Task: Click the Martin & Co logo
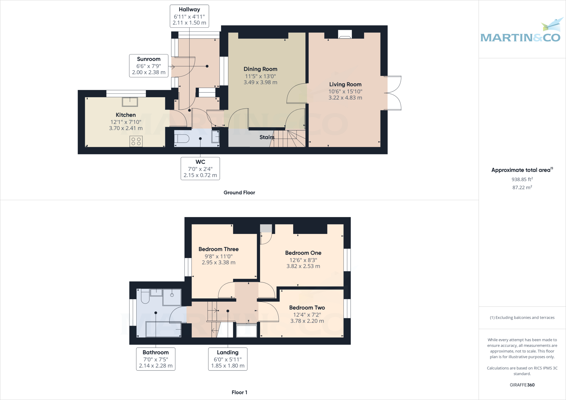click(521, 33)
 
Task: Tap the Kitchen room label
click(126, 115)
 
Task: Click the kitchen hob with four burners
click(136, 141)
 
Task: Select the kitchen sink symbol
click(130, 102)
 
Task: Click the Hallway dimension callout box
click(189, 16)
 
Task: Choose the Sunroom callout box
click(149, 65)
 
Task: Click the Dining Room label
click(260, 69)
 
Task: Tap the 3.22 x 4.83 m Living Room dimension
click(345, 98)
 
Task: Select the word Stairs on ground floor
click(267, 137)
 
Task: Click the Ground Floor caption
click(239, 193)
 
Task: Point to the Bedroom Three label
click(219, 249)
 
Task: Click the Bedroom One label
click(303, 253)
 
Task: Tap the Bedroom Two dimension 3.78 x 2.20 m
click(307, 321)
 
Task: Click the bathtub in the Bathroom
click(163, 329)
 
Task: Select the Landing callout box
click(228, 359)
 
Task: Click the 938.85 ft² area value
click(522, 179)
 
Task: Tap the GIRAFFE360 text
click(522, 385)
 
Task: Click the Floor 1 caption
click(239, 392)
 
